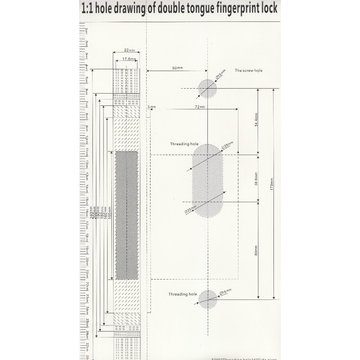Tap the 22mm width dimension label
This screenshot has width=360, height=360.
click(x=129, y=50)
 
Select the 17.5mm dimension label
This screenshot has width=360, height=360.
click(x=129, y=59)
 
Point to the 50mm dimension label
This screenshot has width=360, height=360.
click(x=178, y=68)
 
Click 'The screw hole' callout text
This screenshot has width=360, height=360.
click(x=249, y=70)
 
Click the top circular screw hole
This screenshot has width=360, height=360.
click(x=207, y=89)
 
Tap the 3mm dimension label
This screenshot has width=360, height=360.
click(x=152, y=107)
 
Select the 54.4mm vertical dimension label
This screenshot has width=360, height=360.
click(x=256, y=120)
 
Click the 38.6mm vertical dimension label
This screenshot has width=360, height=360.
click(x=256, y=179)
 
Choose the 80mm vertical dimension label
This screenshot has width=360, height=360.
click(x=256, y=250)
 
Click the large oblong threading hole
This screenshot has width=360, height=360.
click(x=207, y=181)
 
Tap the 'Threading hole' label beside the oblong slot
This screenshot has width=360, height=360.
click(x=184, y=144)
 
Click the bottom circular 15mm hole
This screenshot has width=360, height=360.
click(x=208, y=300)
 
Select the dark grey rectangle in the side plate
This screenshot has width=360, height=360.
click(x=127, y=215)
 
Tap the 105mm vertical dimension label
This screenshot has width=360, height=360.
click(x=109, y=213)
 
